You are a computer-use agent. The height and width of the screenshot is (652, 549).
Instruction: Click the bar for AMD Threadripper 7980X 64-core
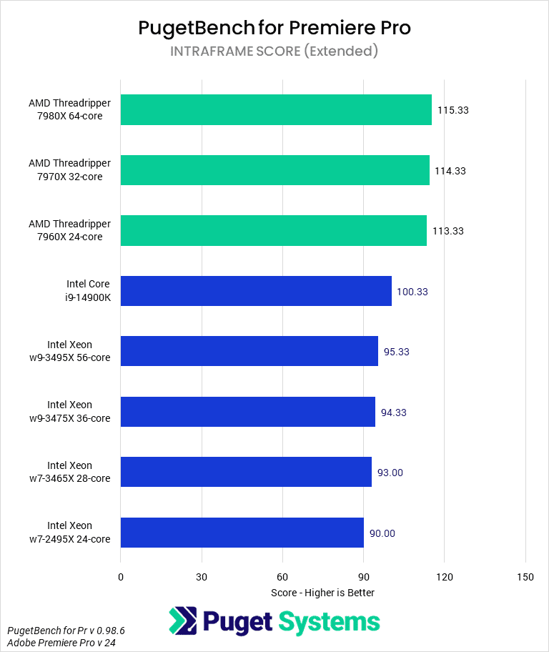276,110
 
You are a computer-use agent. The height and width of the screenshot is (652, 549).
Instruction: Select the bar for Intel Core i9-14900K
256,291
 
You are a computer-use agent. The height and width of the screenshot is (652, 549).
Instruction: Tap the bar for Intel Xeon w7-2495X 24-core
242,533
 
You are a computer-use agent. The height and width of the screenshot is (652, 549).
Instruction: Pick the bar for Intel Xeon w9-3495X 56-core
249,351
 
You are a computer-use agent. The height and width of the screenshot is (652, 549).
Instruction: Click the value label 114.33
450,171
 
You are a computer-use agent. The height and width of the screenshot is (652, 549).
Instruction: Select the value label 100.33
412,292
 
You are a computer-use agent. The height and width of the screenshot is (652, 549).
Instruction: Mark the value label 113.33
448,231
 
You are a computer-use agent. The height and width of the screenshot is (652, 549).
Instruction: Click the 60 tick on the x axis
282,577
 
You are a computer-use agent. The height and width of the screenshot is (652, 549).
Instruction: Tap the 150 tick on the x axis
525,577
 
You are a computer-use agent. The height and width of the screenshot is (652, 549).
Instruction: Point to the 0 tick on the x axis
121,577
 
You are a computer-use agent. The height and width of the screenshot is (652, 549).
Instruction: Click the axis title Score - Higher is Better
323,593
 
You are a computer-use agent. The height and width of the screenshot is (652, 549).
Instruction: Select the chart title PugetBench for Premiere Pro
274,28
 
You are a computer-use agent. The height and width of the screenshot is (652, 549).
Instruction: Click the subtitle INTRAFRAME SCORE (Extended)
274,51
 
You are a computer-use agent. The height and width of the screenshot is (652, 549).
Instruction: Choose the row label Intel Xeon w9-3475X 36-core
79,412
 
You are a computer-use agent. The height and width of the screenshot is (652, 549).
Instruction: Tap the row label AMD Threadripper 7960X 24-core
70,230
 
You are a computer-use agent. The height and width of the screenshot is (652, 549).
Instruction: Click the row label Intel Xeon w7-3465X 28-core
79,472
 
